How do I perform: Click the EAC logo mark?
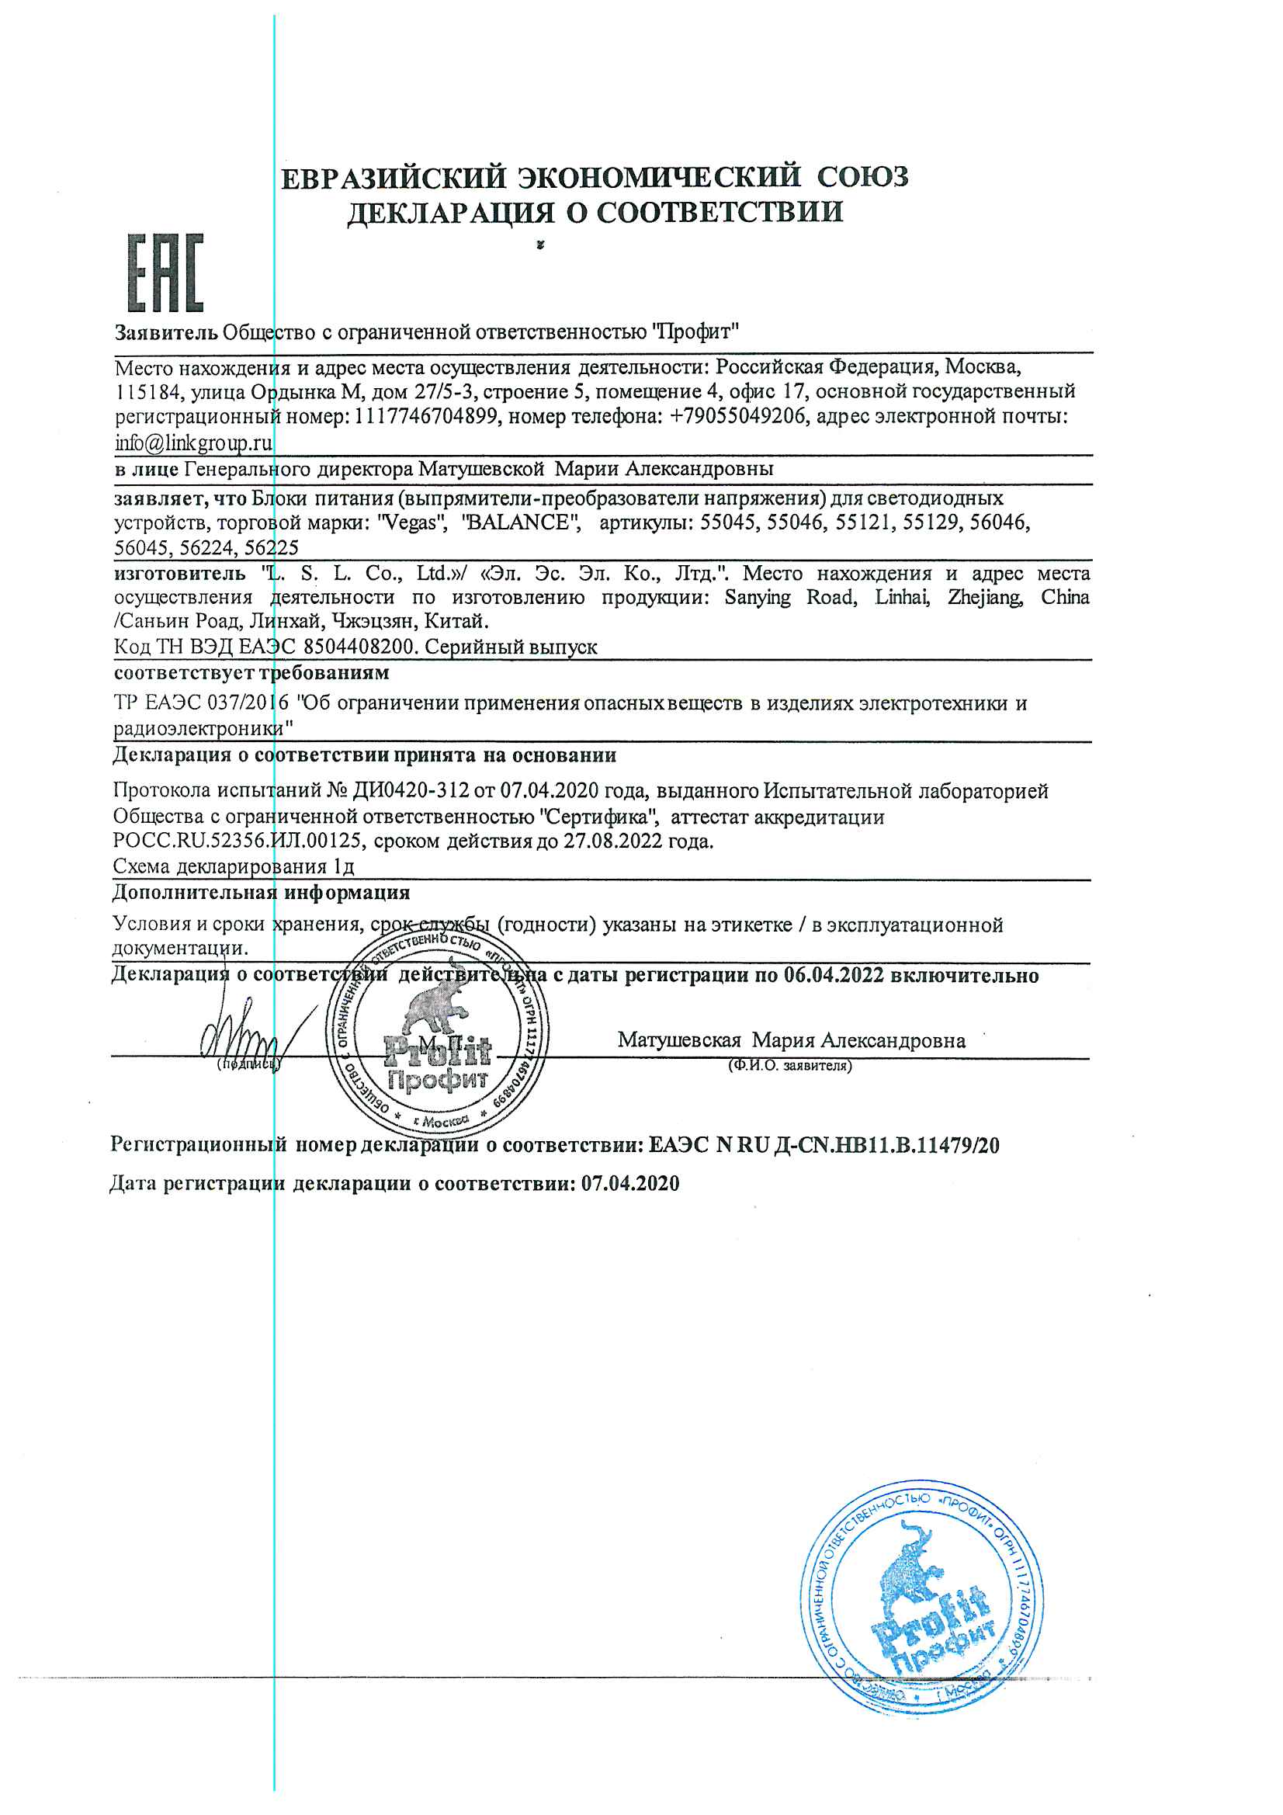(x=166, y=272)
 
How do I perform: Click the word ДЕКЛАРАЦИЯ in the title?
(x=449, y=213)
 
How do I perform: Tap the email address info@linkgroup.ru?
(x=194, y=442)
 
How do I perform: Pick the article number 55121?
(x=864, y=522)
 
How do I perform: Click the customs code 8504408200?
(x=359, y=647)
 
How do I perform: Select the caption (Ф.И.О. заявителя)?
(x=789, y=1066)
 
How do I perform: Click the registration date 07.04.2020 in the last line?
(x=630, y=1183)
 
